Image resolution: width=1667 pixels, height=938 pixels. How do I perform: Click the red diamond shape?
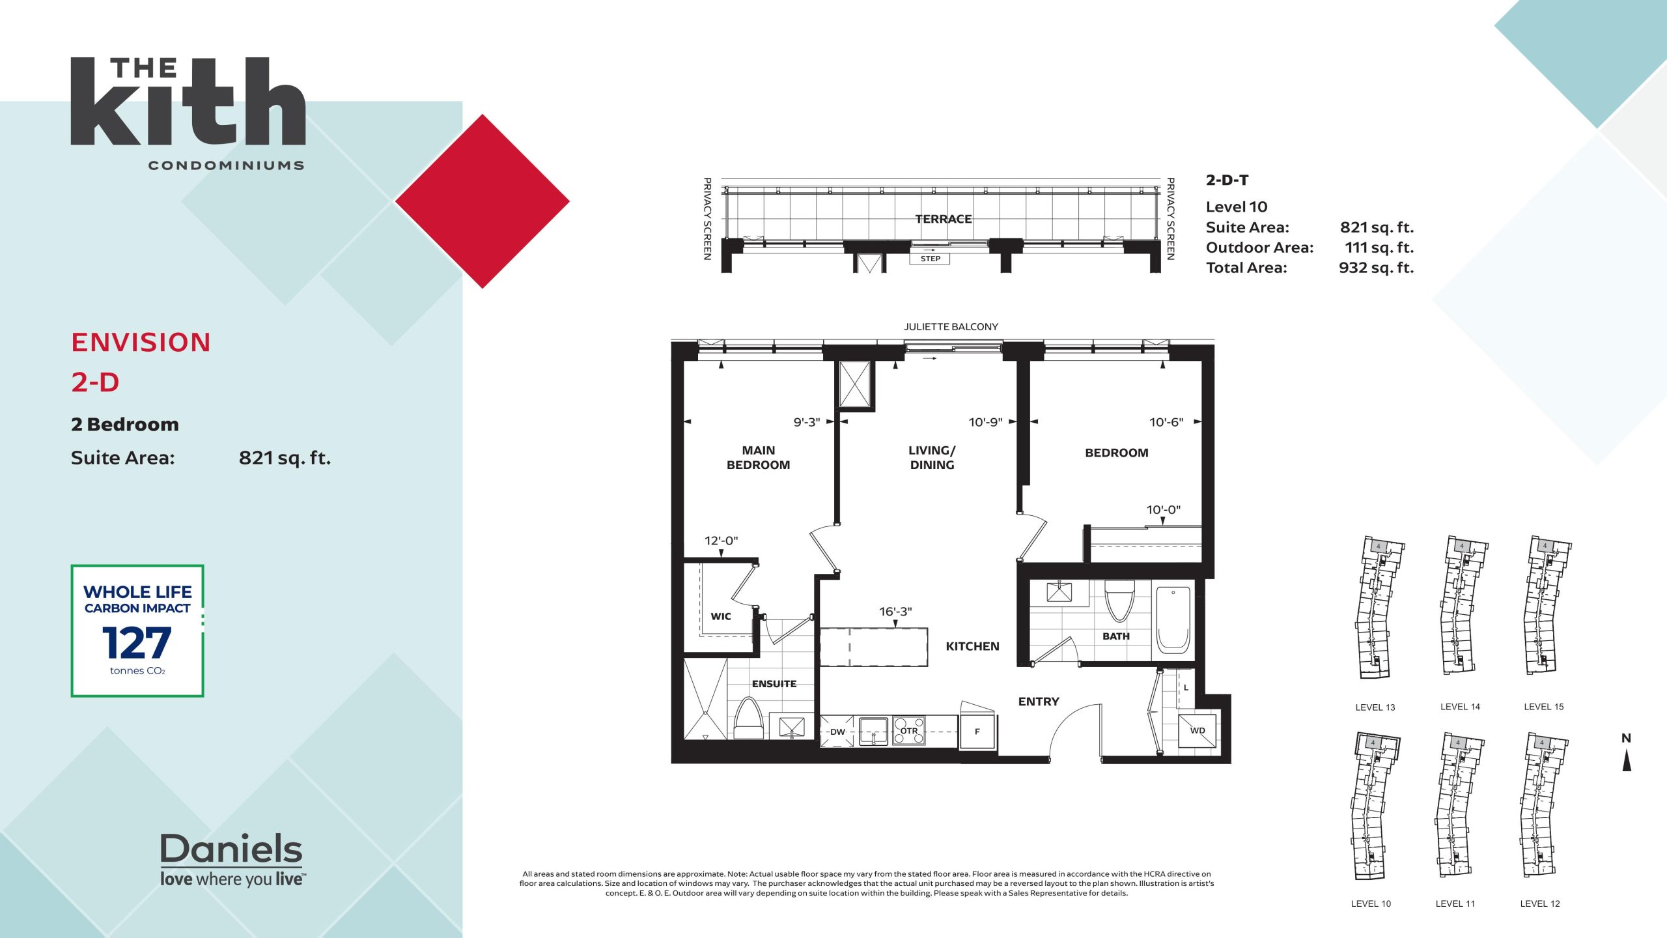coord(483,201)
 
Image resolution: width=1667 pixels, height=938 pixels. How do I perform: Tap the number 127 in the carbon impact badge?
coord(137,643)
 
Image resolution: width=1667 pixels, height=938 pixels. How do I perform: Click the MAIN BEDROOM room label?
coord(759,457)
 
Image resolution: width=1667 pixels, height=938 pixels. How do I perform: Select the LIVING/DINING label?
coord(932,457)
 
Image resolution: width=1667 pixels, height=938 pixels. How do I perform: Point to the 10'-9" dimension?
coord(985,422)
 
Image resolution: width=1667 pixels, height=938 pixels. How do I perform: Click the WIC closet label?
coord(721,616)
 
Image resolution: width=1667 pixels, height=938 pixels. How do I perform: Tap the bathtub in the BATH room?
coord(1173,619)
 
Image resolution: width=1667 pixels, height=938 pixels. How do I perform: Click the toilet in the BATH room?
coord(1119,601)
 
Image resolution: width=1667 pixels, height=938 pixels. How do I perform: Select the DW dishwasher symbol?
coord(837,732)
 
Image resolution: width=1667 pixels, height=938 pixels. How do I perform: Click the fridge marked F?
coord(977,732)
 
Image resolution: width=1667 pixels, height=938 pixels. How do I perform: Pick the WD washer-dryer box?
coord(1198,731)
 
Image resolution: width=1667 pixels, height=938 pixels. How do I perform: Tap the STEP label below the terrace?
coord(930,259)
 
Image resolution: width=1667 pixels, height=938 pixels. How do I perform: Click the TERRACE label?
coord(944,219)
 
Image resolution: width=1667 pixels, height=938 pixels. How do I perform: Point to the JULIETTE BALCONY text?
coord(951,326)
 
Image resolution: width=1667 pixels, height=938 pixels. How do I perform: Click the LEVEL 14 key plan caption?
coord(1460,707)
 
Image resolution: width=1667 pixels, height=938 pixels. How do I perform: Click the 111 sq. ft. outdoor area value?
coord(1379,248)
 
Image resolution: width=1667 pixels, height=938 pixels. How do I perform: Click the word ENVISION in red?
coord(141,343)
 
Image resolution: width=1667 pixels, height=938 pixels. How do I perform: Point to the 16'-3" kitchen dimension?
coord(895,612)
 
